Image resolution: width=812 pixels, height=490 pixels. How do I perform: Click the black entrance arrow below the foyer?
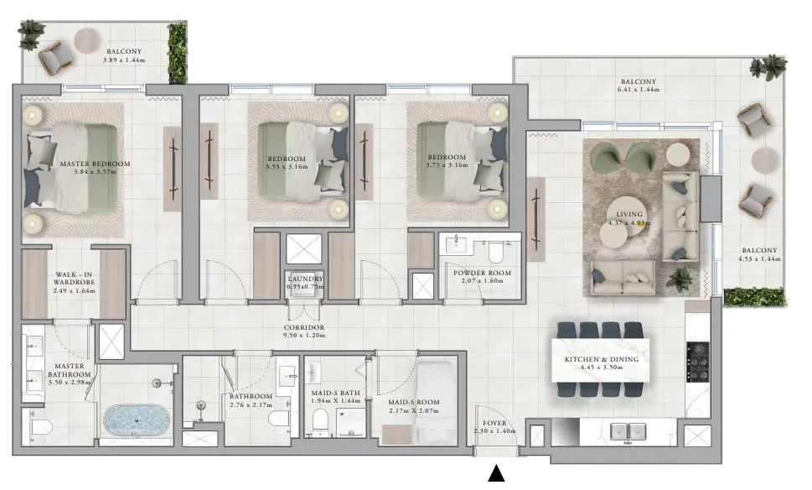pyautogui.click(x=496, y=473)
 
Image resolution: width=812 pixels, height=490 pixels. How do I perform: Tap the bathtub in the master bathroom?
pyautogui.click(x=137, y=420)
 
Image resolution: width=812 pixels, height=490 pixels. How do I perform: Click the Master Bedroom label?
pyautogui.click(x=95, y=168)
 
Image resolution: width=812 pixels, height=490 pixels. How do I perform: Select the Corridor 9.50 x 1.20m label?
pyautogui.click(x=304, y=331)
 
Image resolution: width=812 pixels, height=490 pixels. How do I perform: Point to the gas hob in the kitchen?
pyautogui.click(x=697, y=362)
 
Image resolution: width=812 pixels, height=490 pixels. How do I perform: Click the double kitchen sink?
pyautogui.click(x=628, y=431)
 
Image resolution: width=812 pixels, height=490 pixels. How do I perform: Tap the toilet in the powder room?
pyautogui.click(x=495, y=252)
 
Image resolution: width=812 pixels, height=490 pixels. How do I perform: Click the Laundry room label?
pyautogui.click(x=305, y=282)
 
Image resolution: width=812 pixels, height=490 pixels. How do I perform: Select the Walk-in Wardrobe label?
pyautogui.click(x=74, y=283)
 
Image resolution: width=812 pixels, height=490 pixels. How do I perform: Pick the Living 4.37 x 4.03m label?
pyautogui.click(x=629, y=218)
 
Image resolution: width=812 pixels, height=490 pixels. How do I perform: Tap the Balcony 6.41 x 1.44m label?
pyautogui.click(x=639, y=85)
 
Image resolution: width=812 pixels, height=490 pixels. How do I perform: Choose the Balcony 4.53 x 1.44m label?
pyautogui.click(x=759, y=254)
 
